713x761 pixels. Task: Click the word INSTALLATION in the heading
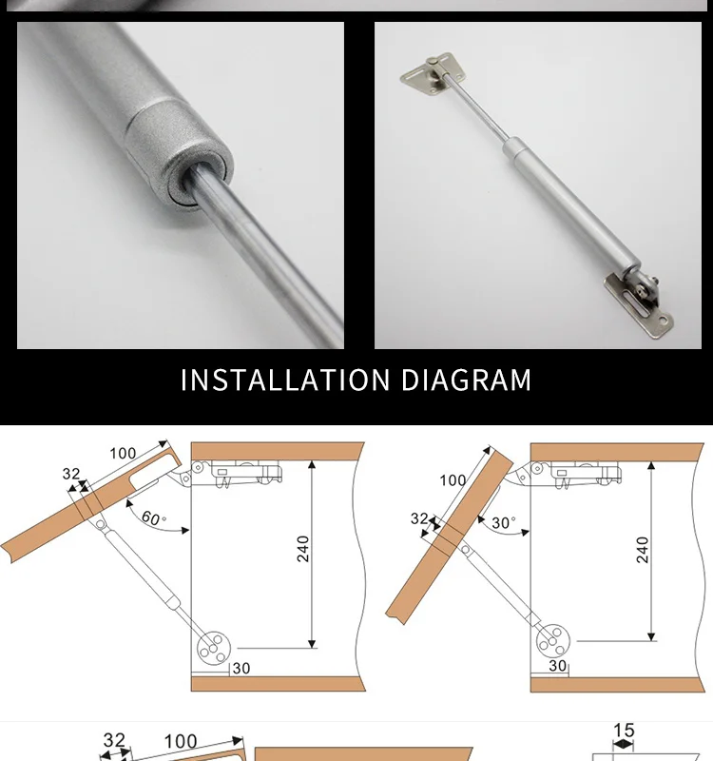coord(285,380)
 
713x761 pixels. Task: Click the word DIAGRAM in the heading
coord(467,380)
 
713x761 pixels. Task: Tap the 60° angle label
coord(153,517)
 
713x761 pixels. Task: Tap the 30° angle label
coord(504,522)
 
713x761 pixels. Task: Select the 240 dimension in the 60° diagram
coord(302,549)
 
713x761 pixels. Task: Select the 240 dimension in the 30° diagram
coord(643,550)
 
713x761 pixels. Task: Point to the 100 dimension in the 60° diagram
coord(123,454)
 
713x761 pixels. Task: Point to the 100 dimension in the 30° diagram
coord(453,480)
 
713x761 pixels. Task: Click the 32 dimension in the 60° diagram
coord(71,474)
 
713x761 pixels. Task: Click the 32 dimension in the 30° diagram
coord(419,518)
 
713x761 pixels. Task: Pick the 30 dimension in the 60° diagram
coord(241,669)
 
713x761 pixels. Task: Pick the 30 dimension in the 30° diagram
coord(558,665)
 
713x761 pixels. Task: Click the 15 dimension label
coord(624,730)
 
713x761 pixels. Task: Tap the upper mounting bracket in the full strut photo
coord(433,73)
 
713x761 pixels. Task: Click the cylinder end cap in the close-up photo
coord(182,154)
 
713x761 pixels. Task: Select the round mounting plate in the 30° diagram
coord(553,641)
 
